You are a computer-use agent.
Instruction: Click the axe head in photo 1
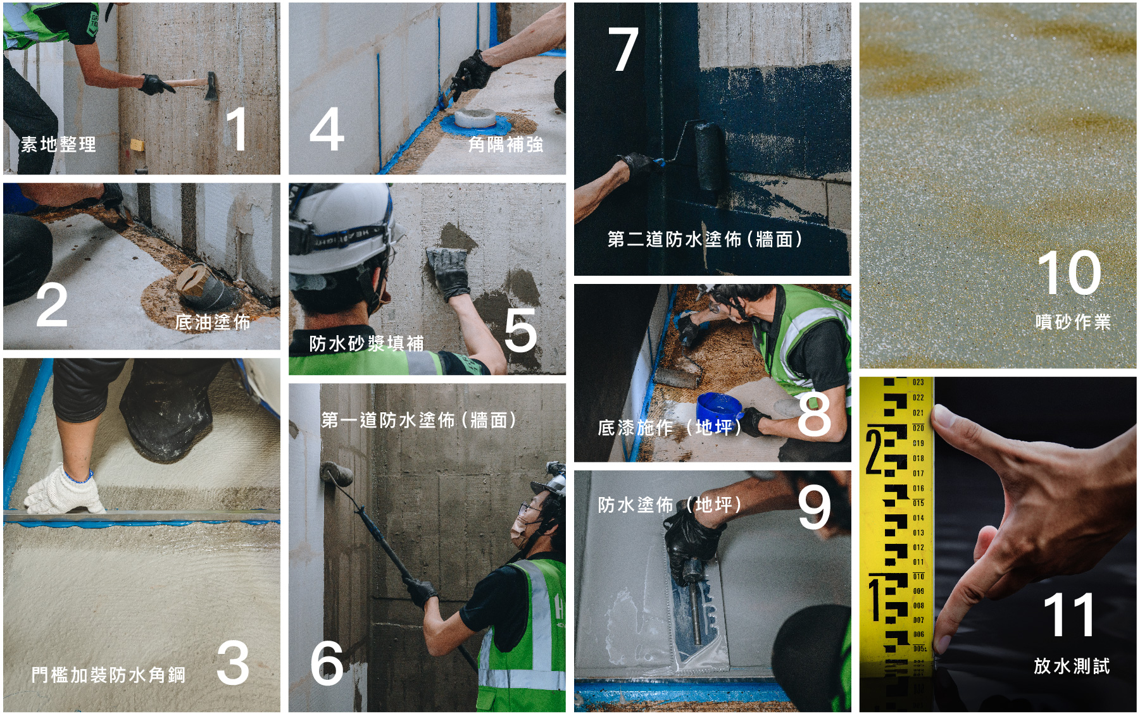pyautogui.click(x=211, y=87)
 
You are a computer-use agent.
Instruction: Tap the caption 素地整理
pyautogui.click(x=58, y=144)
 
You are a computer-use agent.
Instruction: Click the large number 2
pyautogui.click(x=51, y=305)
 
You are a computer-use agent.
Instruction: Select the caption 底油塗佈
pyautogui.click(x=213, y=323)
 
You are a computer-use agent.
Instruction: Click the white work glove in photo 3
pyautogui.click(x=63, y=489)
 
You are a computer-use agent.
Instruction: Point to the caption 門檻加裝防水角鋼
pyautogui.click(x=108, y=675)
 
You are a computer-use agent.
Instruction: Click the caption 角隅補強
pyautogui.click(x=505, y=145)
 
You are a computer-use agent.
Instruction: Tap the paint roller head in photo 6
pyautogui.click(x=337, y=474)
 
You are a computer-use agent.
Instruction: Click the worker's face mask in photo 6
pyautogui.click(x=520, y=531)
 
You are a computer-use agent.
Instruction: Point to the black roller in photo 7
pyautogui.click(x=709, y=156)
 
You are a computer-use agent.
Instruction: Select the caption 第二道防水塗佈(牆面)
pyautogui.click(x=705, y=239)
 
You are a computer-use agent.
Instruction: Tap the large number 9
pyautogui.click(x=813, y=507)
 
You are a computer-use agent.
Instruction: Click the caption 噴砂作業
pyautogui.click(x=1073, y=322)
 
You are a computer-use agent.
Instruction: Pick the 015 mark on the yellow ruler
pyautogui.click(x=918, y=503)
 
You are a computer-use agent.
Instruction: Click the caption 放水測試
pyautogui.click(x=1072, y=666)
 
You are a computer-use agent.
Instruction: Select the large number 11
pyautogui.click(x=1069, y=615)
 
